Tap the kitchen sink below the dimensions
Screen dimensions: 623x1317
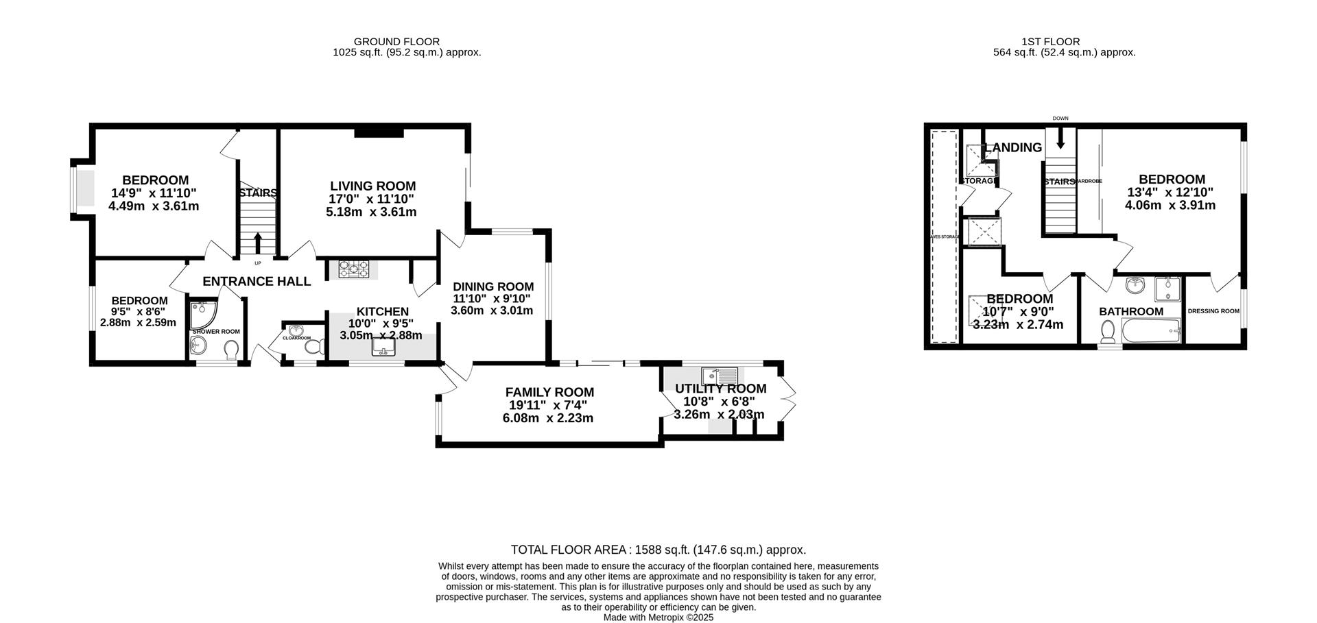point(383,350)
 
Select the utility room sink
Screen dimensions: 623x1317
point(719,376)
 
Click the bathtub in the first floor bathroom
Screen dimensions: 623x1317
point(1151,333)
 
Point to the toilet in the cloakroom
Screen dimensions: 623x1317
point(313,347)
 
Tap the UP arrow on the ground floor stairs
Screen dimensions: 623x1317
point(258,242)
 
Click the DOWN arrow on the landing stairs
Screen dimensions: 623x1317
point(1060,139)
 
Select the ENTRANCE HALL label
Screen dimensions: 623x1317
point(257,281)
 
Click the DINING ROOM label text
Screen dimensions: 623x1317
point(493,286)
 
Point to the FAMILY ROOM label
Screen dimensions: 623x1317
point(549,392)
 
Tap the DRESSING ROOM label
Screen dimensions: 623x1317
point(1213,311)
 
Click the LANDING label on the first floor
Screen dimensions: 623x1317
point(1013,147)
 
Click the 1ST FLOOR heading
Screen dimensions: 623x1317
point(1064,42)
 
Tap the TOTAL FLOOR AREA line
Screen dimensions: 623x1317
point(658,550)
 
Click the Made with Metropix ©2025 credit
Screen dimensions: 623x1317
point(658,618)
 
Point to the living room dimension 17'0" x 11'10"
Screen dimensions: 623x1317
point(372,199)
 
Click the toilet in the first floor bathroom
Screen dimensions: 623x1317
point(1107,332)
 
